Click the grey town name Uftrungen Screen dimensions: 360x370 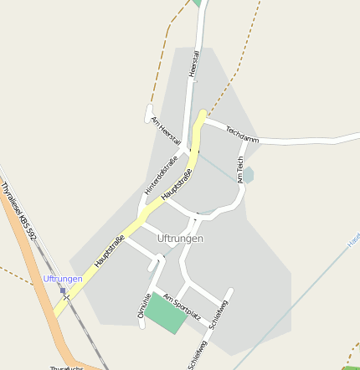(180, 239)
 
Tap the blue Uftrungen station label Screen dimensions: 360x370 (63, 278)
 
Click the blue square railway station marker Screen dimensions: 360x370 (63, 291)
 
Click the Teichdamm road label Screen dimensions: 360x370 (242, 133)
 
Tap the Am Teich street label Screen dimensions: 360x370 (240, 169)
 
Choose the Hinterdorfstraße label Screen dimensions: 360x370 (162, 176)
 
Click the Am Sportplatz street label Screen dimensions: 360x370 (183, 307)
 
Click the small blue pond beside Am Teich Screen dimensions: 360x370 (248, 175)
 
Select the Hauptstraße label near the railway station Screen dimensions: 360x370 (110, 252)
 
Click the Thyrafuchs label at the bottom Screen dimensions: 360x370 (67, 367)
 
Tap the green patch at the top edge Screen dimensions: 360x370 (198, 3)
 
